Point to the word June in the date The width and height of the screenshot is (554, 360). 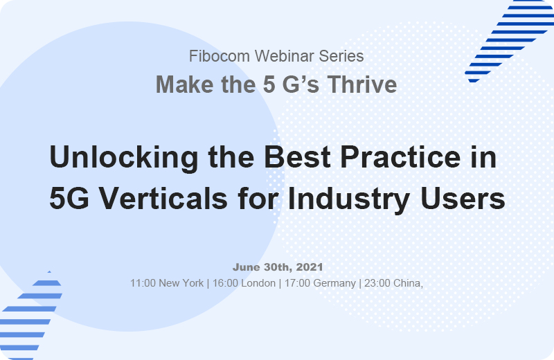point(246,267)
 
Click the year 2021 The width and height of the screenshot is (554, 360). point(309,267)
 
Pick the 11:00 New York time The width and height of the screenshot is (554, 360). point(167,283)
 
